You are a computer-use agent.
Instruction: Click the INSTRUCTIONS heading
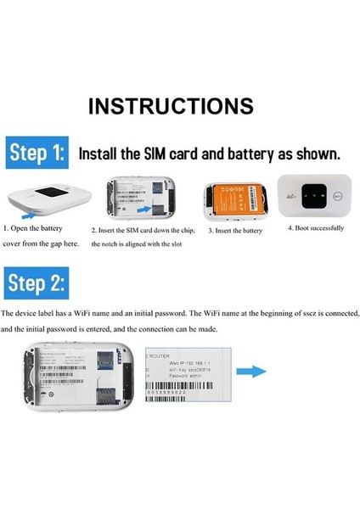pos(171,106)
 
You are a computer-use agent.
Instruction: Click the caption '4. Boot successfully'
pos(315,227)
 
